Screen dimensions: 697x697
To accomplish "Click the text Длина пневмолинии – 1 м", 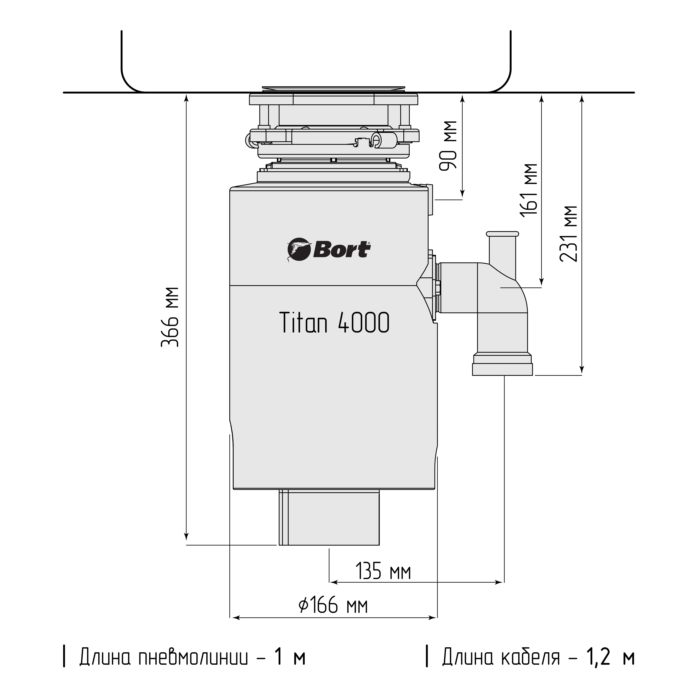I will [192, 657].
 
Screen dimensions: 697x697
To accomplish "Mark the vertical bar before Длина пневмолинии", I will [64, 657].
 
